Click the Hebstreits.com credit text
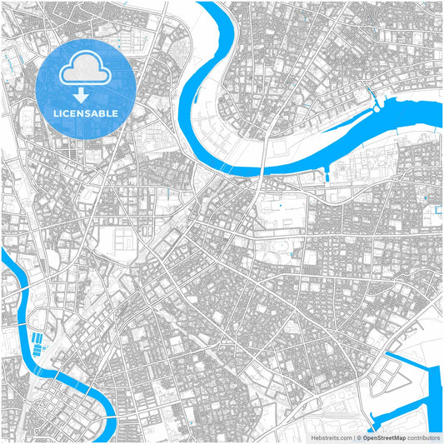tap(332, 437)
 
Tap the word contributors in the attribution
tap(422, 437)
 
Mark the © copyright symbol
tap(359, 437)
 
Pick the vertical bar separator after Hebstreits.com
tap(353, 437)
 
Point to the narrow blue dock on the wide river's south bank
tap(327, 173)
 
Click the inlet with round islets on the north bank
tap(380, 105)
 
